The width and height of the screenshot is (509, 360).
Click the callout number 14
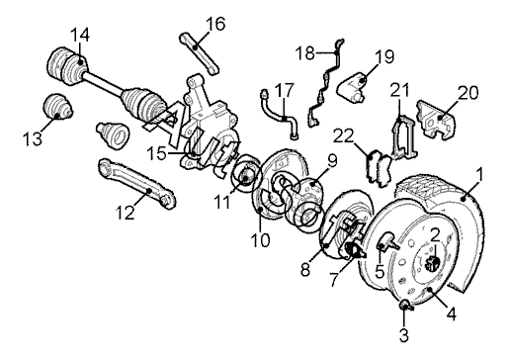(x=80, y=35)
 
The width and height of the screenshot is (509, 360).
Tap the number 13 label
(x=33, y=138)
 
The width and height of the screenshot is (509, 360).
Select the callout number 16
(x=215, y=24)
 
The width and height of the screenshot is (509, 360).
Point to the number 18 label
(x=305, y=53)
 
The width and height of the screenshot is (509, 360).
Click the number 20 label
(x=468, y=93)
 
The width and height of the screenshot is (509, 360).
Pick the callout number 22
(x=343, y=135)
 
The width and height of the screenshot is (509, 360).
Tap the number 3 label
(x=404, y=335)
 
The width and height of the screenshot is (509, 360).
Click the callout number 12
(x=126, y=213)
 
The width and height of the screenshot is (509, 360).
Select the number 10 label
(x=260, y=240)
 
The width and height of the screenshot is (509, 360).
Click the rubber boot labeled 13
(x=57, y=105)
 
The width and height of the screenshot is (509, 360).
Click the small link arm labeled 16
(x=200, y=52)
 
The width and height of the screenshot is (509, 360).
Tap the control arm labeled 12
(x=136, y=183)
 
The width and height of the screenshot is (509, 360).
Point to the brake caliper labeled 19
(x=351, y=87)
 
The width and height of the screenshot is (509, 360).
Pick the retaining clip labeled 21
(x=403, y=137)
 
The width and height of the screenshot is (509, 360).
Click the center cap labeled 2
(x=433, y=262)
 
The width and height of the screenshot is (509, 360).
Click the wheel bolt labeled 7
(x=354, y=250)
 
